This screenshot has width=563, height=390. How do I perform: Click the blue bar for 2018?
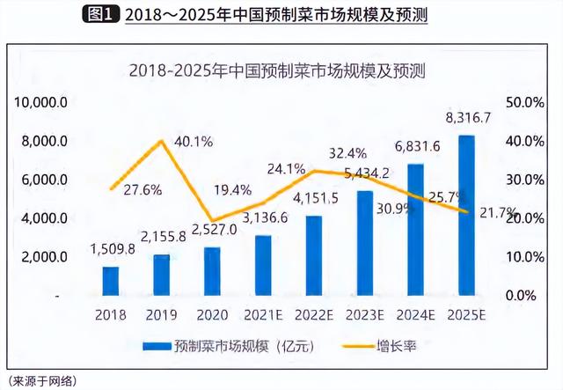110,281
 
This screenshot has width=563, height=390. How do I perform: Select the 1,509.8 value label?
112,249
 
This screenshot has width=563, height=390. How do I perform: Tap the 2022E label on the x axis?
314,313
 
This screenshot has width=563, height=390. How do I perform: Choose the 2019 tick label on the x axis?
162,313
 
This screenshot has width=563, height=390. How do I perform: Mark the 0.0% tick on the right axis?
525,296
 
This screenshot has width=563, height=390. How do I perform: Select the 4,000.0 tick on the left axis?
44,218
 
